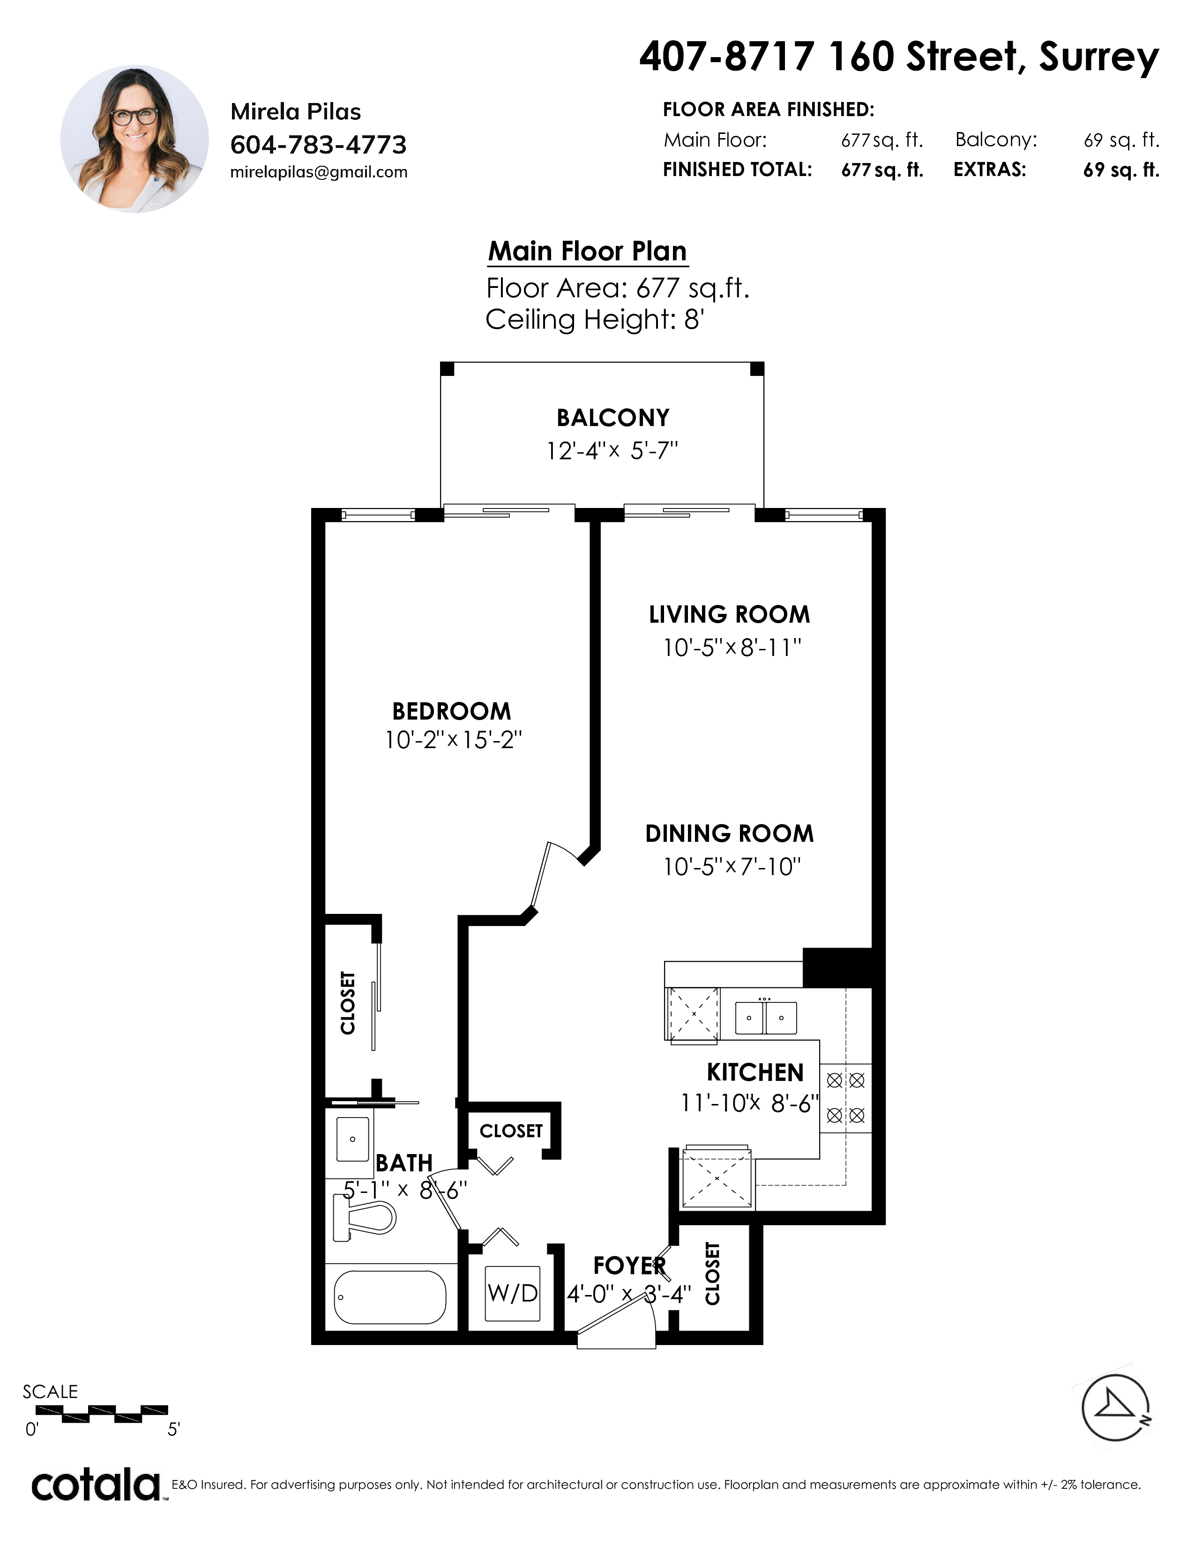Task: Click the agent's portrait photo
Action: (x=134, y=140)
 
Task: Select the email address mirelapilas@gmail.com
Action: (x=319, y=172)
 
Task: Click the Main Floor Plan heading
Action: (x=588, y=251)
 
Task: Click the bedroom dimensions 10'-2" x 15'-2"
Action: (x=453, y=740)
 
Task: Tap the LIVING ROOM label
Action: (x=730, y=614)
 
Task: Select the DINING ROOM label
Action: (x=730, y=833)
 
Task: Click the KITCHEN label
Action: (x=755, y=1073)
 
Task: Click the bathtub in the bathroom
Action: (x=390, y=1297)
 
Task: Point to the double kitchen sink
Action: (x=766, y=1017)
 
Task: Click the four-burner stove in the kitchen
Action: (x=846, y=1098)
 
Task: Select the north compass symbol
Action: (x=1116, y=1408)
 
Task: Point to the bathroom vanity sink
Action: (x=352, y=1139)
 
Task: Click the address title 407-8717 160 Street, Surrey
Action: (x=899, y=57)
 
